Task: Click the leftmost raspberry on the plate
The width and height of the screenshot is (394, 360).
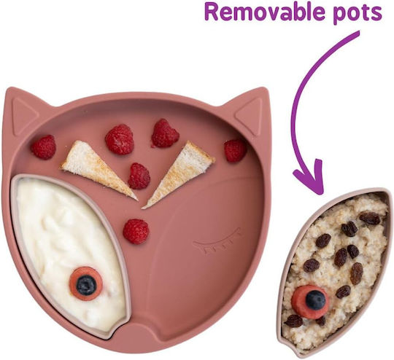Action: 44,147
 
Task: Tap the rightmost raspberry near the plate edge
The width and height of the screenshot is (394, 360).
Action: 235,150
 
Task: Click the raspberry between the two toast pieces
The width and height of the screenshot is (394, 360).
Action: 139,176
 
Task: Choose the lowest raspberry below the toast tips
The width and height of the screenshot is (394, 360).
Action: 136,231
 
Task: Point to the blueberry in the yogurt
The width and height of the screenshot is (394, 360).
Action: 86,285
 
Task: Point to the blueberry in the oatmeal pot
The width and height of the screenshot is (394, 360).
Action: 315,300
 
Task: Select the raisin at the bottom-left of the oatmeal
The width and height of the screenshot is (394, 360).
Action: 294,321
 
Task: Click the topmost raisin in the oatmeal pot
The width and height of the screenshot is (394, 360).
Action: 370,218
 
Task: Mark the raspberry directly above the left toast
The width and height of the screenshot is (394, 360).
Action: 120,139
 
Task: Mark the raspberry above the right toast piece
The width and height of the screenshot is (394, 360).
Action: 165,133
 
